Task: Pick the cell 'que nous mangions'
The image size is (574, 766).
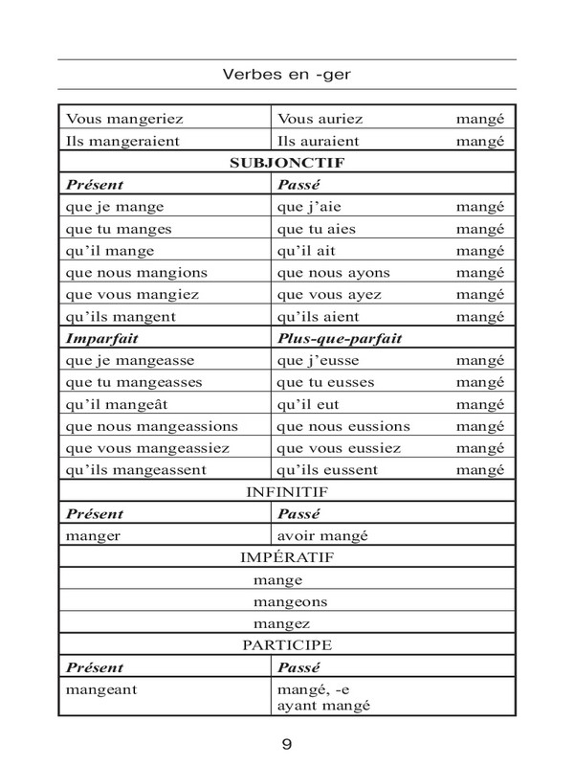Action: coord(137,272)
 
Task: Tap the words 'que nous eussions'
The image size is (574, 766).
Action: coord(342,425)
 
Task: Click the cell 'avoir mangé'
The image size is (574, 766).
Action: coord(323,535)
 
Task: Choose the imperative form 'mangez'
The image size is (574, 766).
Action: coord(283,624)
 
